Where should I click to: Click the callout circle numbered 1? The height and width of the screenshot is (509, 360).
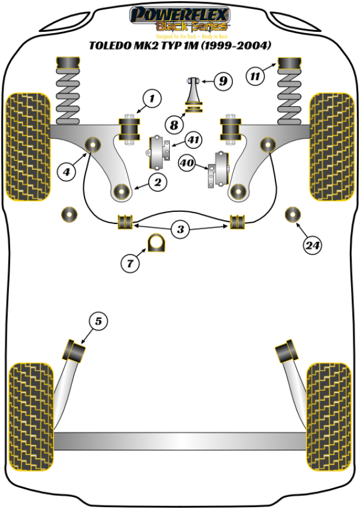click(152, 98)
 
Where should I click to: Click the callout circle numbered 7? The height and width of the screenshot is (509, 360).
click(129, 262)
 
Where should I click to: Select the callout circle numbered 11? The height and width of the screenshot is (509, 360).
click(256, 76)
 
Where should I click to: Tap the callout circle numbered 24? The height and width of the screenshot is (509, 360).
click(311, 245)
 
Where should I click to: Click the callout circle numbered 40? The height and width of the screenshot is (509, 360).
click(187, 163)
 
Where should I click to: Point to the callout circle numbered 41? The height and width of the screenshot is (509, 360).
click(193, 140)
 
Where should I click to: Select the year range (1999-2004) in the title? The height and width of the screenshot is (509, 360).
click(235, 45)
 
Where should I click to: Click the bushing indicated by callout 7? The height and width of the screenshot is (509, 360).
click(156, 242)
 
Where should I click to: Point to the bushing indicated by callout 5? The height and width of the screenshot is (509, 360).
click(76, 349)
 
